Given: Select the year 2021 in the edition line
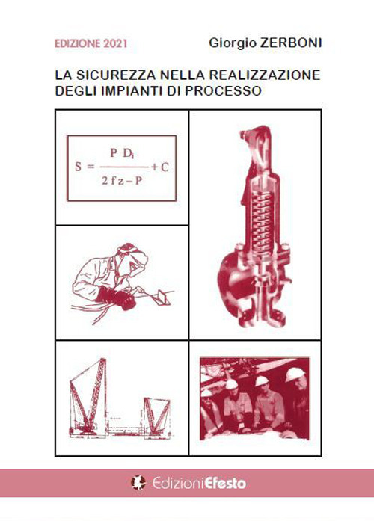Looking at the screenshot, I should (x=113, y=44).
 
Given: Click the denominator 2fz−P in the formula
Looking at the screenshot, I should (x=120, y=181).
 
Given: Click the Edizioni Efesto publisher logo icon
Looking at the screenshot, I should (x=138, y=483).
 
